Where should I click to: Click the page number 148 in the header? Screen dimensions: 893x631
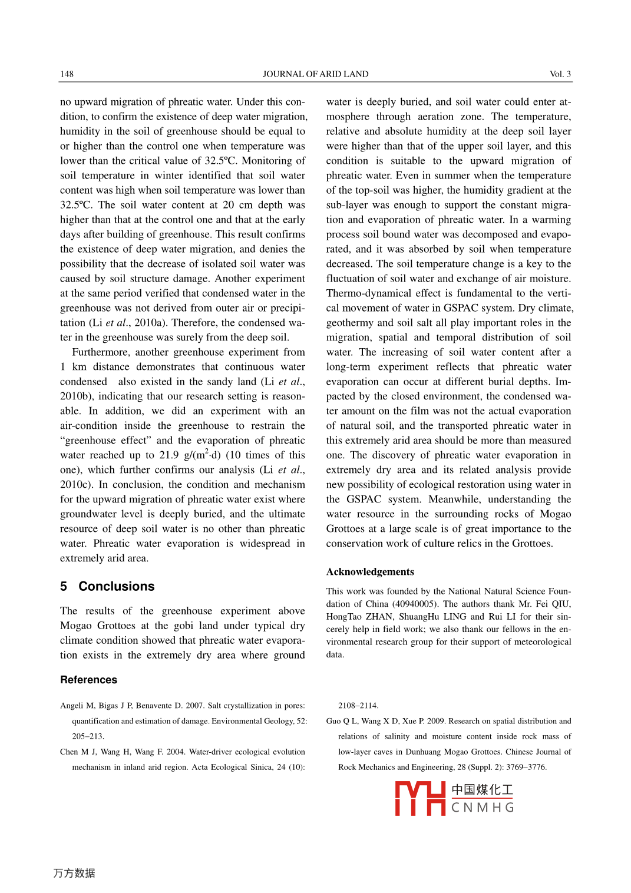pyautogui.click(x=67, y=74)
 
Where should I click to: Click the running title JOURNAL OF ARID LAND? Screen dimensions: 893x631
pyautogui.click(x=315, y=74)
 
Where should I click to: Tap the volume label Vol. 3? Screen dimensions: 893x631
pyautogui.click(x=560, y=74)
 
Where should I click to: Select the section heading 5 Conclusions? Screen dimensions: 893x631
pyautogui.click(x=107, y=586)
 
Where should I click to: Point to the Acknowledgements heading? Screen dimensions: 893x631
pyautogui.click(x=370, y=572)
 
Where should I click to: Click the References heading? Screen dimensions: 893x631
pyautogui.click(x=88, y=680)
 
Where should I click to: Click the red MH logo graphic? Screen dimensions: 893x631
pyautogui.click(x=420, y=798)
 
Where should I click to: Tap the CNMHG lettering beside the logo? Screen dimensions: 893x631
pyautogui.click(x=483, y=808)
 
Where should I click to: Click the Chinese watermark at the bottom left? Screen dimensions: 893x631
pyautogui.click(x=74, y=873)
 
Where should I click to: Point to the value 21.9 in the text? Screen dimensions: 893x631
pyautogui.click(x=169, y=455)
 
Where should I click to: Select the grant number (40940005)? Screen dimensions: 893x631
pyautogui.click(x=415, y=604)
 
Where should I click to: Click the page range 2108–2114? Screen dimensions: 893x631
pyautogui.click(x=358, y=706)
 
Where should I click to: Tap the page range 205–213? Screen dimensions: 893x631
pyautogui.click(x=88, y=736)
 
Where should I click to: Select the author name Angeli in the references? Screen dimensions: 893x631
pyautogui.click(x=71, y=706)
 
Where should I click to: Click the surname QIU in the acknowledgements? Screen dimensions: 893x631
pyautogui.click(x=561, y=604)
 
